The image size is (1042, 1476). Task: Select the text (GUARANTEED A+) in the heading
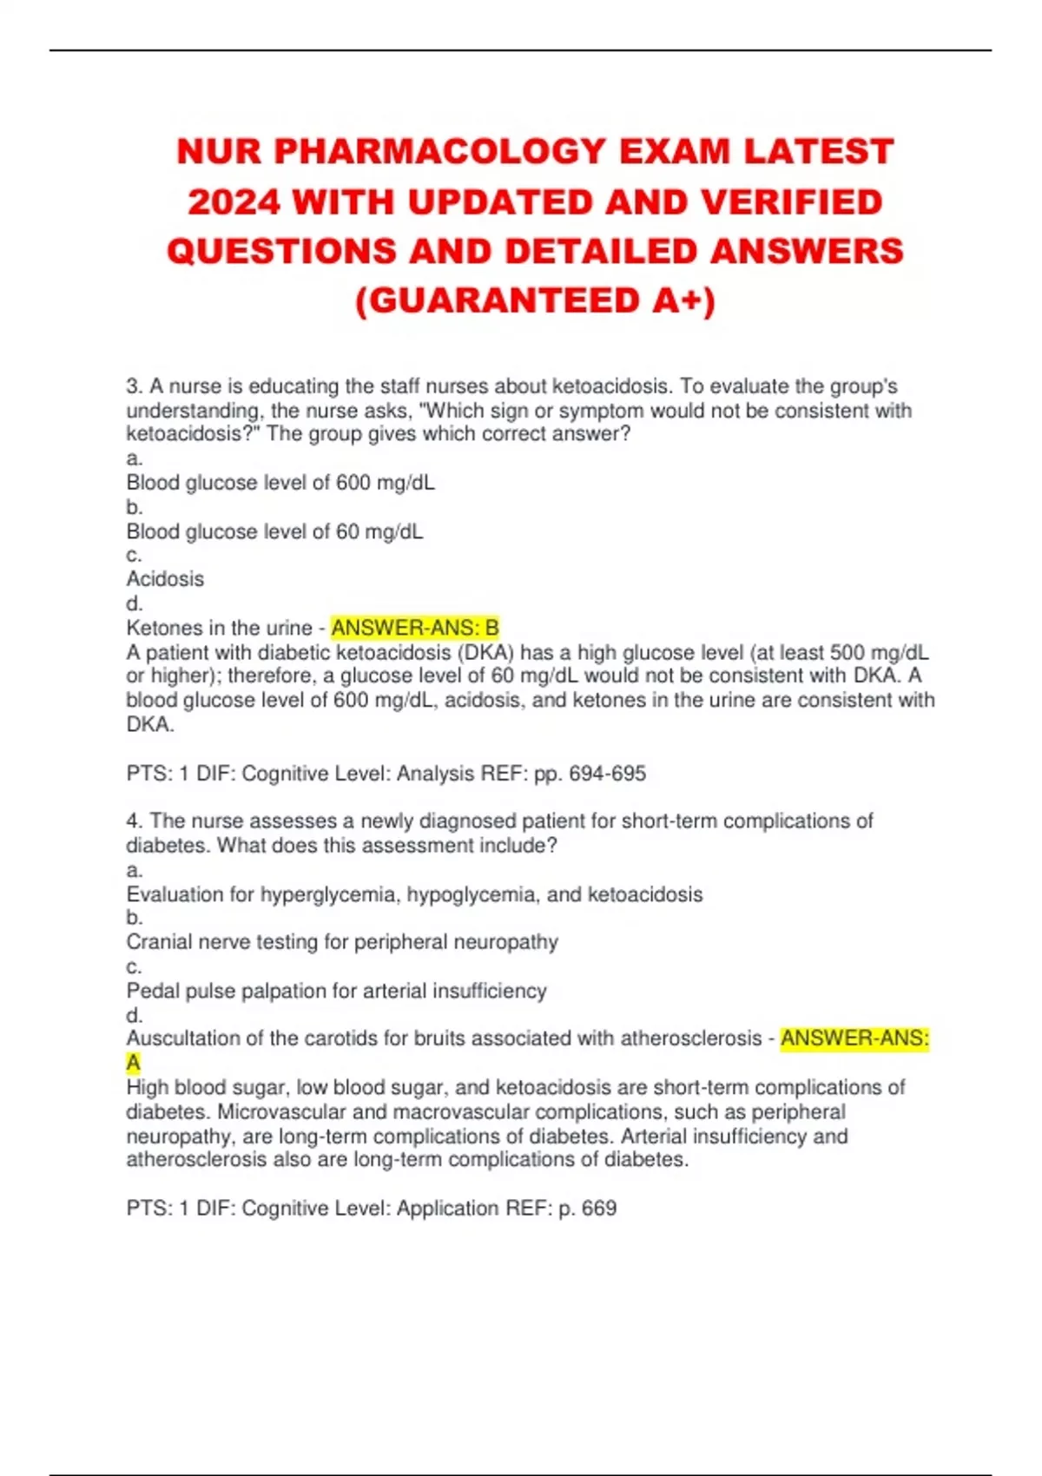click(x=536, y=301)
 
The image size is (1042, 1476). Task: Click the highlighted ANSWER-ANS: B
click(x=415, y=628)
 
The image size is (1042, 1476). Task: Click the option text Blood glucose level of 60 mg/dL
click(x=274, y=531)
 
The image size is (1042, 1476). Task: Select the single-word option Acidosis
click(x=165, y=579)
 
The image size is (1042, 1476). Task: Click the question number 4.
click(x=135, y=821)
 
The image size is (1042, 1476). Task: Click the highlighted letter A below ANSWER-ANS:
click(x=134, y=1063)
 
